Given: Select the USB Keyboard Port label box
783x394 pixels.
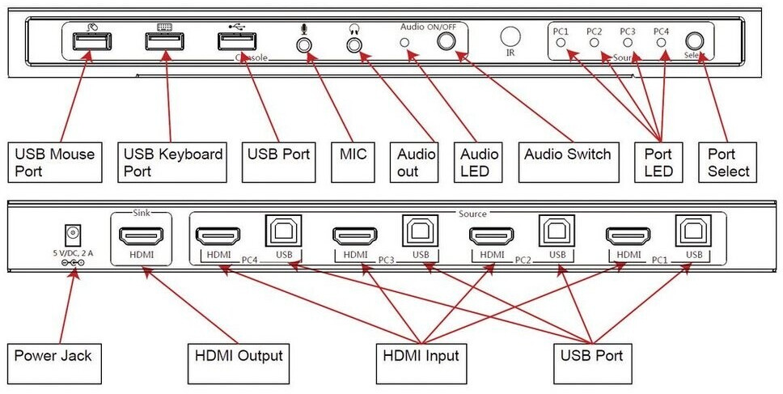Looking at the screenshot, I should [171, 162].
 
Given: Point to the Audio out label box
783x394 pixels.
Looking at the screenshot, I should [417, 162].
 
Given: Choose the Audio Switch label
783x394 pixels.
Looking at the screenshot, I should [567, 154].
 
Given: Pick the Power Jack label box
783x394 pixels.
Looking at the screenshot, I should [53, 355].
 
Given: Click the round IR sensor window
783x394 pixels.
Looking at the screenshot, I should [510, 36].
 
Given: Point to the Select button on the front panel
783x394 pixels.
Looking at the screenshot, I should [694, 41].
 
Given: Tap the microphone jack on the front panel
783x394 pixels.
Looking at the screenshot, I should [304, 44].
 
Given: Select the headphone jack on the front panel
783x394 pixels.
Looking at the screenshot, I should [353, 44].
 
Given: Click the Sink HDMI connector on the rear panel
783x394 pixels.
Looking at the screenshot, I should [142, 235].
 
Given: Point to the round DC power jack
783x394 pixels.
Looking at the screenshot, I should [74, 235].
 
